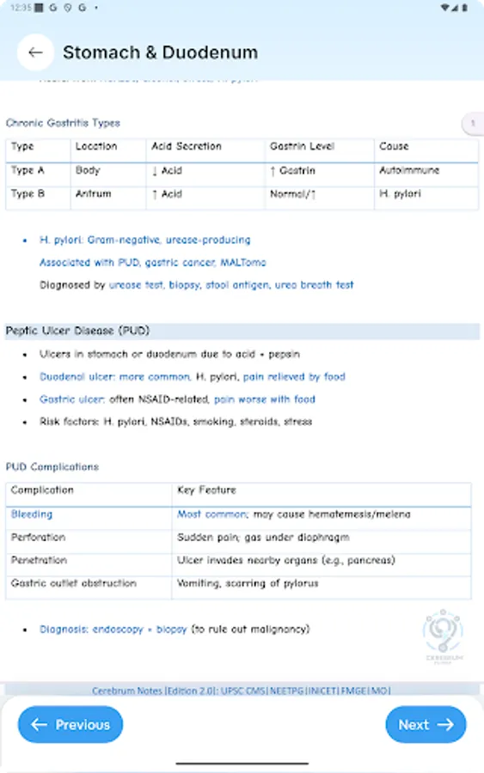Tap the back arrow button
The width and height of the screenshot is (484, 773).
tap(35, 52)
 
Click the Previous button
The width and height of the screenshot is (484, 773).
tap(70, 725)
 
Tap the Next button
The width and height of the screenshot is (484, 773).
tap(426, 725)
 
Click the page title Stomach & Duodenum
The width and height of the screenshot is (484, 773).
tap(160, 52)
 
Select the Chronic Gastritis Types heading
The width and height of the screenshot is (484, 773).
tap(63, 123)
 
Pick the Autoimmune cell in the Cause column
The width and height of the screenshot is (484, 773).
tap(409, 171)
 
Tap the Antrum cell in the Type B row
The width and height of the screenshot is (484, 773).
tap(93, 194)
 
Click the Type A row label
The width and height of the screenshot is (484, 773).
tap(28, 171)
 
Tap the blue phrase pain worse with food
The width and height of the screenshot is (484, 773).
tap(265, 399)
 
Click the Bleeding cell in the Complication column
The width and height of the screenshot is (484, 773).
tap(32, 514)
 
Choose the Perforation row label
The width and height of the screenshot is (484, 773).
tap(38, 538)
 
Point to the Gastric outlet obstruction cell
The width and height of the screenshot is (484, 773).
tap(73, 583)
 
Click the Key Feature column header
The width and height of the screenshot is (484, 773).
tap(206, 490)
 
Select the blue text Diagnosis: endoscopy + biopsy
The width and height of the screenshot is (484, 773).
tap(113, 630)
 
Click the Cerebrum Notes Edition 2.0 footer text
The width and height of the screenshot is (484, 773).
tap(241, 690)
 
